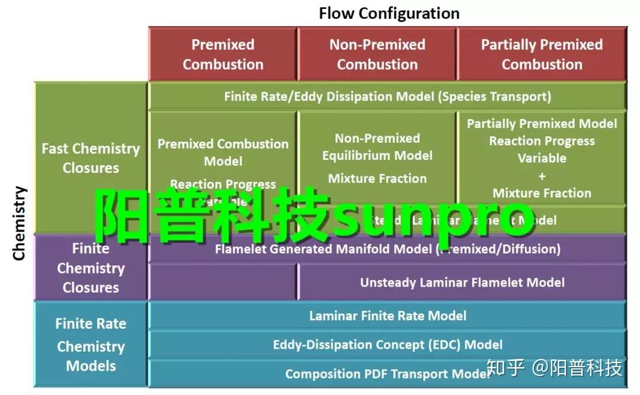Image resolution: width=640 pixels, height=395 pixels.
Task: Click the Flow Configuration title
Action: point(389,13)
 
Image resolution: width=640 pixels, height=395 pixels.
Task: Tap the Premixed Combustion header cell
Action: point(223,54)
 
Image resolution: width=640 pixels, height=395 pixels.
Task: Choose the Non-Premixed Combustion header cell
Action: point(377,54)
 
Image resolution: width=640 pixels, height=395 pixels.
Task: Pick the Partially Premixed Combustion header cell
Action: point(542,54)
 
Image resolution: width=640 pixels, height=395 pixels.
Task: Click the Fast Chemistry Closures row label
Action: point(91,158)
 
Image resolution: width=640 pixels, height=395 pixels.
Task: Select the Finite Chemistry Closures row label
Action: point(91,268)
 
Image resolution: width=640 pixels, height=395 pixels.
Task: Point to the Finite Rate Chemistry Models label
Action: point(91,345)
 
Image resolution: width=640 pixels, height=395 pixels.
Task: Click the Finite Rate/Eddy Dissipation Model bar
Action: point(388,96)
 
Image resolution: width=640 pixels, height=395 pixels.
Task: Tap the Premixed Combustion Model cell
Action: point(223,152)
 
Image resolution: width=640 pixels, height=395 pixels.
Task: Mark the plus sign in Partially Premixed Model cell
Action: point(542,176)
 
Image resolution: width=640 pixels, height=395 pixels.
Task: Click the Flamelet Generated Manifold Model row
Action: point(388,249)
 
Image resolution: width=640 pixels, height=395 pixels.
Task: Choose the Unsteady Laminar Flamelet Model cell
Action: point(462,282)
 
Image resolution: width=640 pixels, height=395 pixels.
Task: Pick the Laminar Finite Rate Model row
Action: point(388,316)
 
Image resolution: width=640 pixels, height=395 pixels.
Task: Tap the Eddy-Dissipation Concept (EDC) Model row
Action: point(388,345)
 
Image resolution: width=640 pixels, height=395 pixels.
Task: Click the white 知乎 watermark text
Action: point(505,368)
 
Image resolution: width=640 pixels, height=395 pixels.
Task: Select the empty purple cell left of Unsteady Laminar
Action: point(223,282)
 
